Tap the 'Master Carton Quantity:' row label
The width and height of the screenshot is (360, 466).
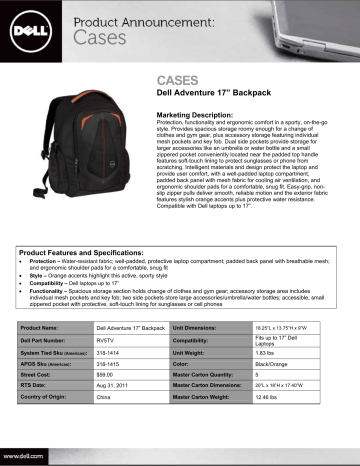pos(212,387)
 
